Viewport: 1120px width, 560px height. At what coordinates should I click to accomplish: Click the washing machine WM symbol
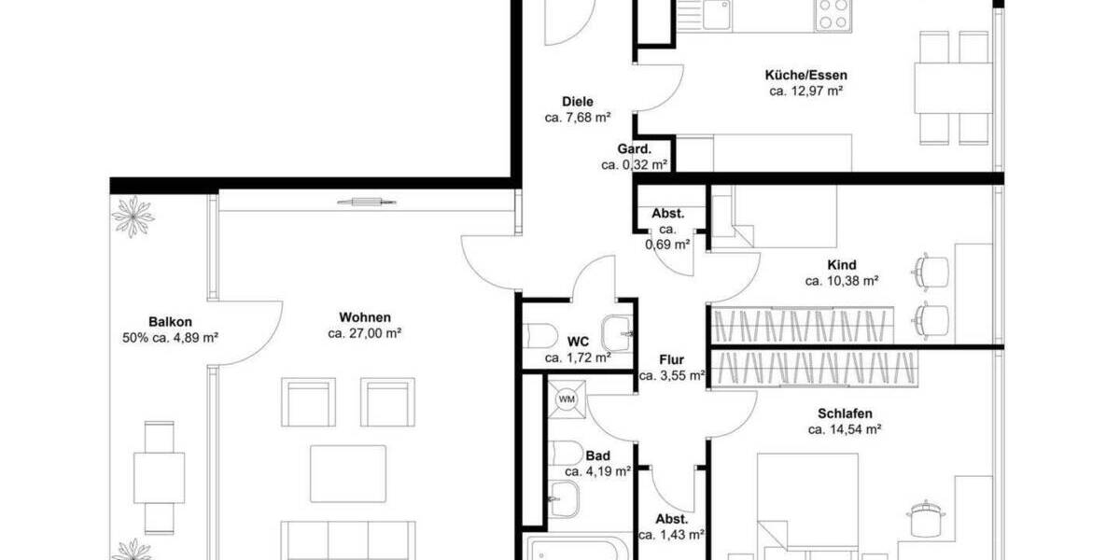(567, 399)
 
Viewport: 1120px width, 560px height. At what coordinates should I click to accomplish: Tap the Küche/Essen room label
(805, 75)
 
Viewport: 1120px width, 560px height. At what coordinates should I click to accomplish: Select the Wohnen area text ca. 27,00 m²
(365, 333)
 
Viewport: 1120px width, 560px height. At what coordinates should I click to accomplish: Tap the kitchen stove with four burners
(833, 15)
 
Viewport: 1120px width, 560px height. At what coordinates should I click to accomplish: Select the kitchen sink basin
(717, 14)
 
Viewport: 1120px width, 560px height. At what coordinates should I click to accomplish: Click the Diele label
(577, 102)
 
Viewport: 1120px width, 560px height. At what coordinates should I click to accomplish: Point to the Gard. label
(634, 149)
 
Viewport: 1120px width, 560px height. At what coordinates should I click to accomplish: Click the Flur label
(671, 359)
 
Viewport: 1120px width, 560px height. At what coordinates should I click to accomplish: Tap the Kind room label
(841, 264)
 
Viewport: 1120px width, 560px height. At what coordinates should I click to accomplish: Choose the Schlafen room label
(845, 413)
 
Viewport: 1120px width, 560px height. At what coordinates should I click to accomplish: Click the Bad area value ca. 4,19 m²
(597, 472)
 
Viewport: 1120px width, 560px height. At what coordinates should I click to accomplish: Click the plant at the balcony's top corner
(133, 216)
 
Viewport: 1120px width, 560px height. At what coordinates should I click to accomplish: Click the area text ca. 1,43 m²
(671, 536)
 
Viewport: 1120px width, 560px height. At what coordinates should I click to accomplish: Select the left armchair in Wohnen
(308, 402)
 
